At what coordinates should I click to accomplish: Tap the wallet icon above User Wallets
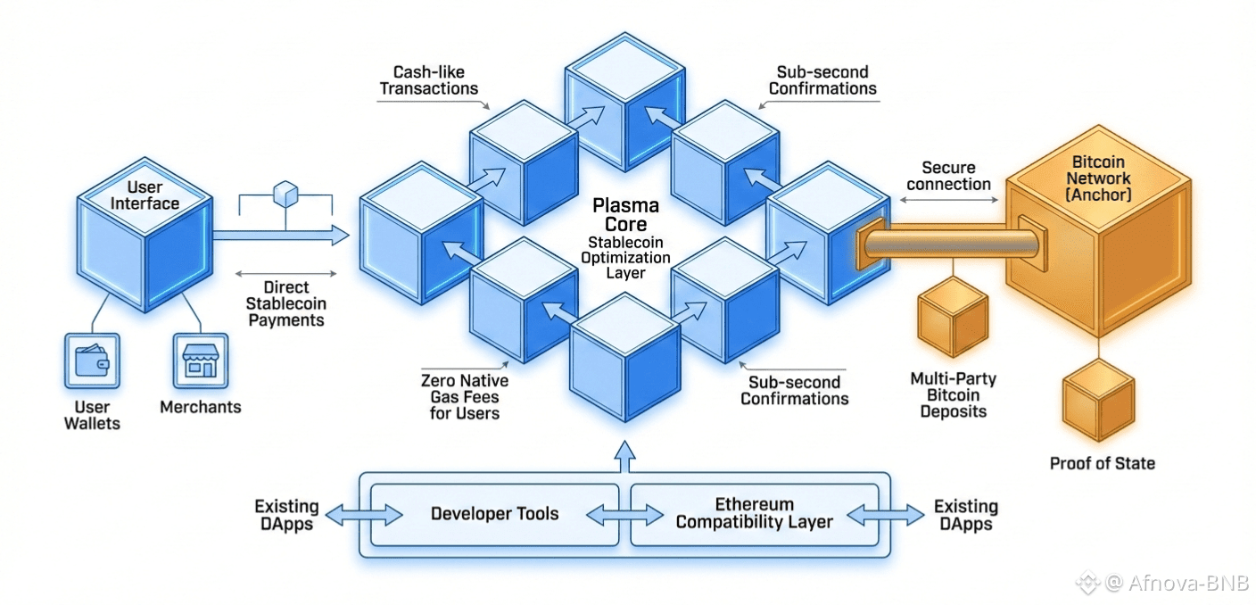[92, 360]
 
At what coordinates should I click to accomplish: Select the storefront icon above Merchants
[200, 361]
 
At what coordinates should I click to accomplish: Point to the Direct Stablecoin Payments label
[285, 303]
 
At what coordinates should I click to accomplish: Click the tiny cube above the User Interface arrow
[285, 193]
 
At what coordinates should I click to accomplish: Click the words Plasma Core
[625, 215]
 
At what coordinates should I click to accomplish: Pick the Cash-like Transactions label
[429, 80]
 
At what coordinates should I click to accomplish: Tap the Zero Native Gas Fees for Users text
[465, 397]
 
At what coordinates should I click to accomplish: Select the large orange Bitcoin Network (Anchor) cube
[1097, 241]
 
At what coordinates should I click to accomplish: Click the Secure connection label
[948, 176]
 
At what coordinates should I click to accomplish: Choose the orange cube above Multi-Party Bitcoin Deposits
[953, 317]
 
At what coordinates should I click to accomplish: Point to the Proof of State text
[1102, 463]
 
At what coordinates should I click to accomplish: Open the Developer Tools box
[494, 514]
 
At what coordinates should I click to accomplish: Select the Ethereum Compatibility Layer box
[754, 514]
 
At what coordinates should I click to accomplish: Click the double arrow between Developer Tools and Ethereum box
[624, 515]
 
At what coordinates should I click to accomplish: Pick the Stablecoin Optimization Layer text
[625, 257]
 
